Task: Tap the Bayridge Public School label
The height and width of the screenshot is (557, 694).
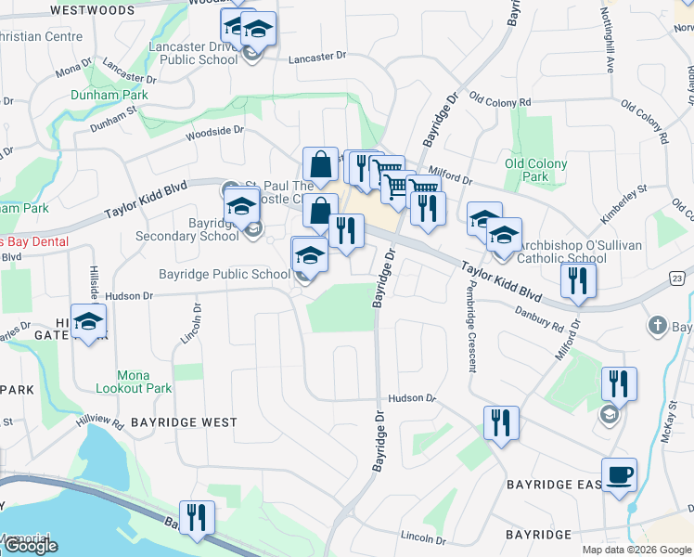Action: [225, 274]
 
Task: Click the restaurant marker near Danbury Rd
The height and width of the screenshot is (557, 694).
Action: [578, 280]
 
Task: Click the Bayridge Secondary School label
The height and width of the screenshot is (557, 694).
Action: [200, 229]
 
